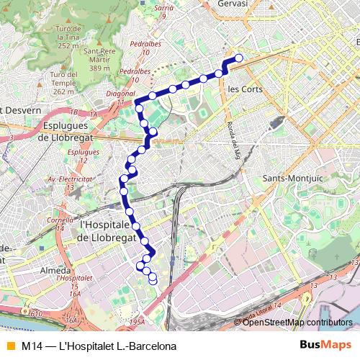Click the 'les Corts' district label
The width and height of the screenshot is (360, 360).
point(244,89)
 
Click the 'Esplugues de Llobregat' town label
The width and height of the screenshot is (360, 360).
point(71,131)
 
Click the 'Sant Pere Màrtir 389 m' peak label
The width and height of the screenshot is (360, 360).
point(104,59)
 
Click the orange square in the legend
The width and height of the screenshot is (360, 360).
point(9,346)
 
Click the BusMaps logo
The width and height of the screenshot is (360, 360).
point(326,345)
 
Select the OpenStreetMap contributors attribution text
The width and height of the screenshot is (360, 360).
point(297,322)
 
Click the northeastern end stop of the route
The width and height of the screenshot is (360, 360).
point(239,58)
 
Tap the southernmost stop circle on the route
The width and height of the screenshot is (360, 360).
point(153,281)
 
